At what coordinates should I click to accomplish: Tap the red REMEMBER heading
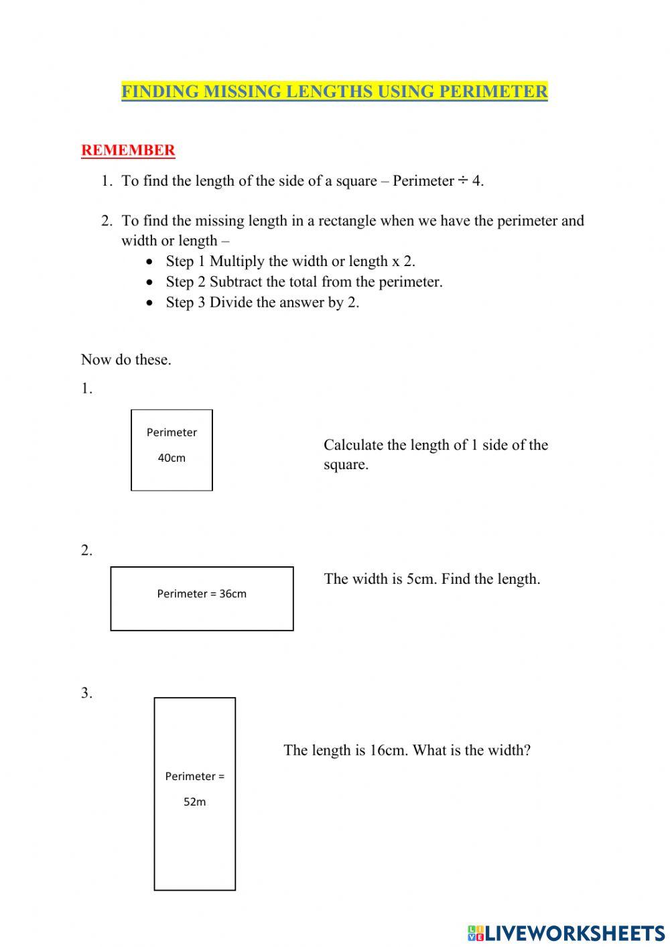(x=128, y=150)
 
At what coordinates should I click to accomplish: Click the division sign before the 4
(x=462, y=181)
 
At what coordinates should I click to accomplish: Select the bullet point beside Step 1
(x=150, y=261)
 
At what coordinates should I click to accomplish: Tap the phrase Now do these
(x=126, y=360)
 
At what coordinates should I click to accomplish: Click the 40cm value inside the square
(x=172, y=458)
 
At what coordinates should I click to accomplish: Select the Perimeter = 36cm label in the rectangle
(x=202, y=594)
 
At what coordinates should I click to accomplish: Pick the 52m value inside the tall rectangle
(x=195, y=802)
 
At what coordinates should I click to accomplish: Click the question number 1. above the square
(x=86, y=389)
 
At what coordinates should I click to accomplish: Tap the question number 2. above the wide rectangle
(x=86, y=551)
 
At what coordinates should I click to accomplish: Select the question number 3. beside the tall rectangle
(x=86, y=694)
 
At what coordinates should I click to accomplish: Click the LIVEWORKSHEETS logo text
(x=575, y=933)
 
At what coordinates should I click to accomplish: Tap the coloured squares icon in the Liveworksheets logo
(x=476, y=933)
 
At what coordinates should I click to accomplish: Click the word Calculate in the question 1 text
(x=353, y=446)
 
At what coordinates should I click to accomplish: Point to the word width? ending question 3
(x=511, y=751)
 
